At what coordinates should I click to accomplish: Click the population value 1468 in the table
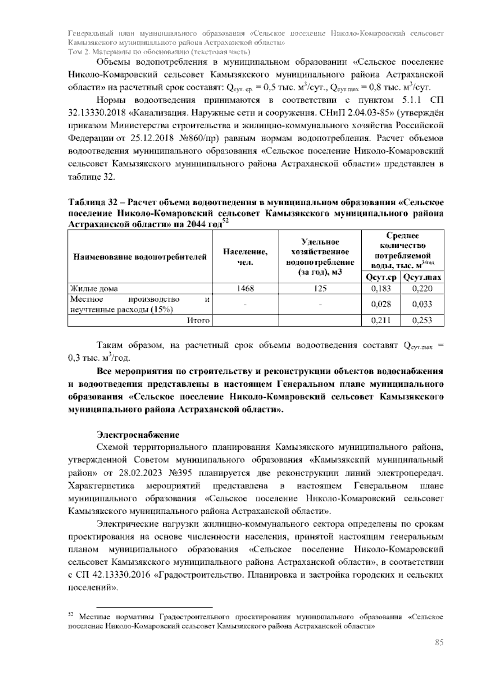tap(245, 289)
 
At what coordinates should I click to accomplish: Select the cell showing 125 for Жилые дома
tap(320, 289)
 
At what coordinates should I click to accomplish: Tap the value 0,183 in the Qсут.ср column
tap(381, 289)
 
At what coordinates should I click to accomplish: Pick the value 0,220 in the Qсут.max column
tap(422, 289)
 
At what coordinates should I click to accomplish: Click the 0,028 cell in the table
tap(381, 305)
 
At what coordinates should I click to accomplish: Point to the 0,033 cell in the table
tap(422, 305)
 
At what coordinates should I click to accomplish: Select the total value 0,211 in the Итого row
tap(381, 320)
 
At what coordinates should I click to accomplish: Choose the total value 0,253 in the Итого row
tap(422, 320)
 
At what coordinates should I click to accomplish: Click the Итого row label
tap(198, 320)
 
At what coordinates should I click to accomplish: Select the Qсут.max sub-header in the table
tap(422, 277)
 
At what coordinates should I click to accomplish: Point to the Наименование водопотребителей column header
tap(140, 257)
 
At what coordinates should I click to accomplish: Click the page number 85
tap(439, 643)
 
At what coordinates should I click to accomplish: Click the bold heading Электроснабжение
tap(138, 434)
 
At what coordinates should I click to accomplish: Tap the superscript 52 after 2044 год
tap(225, 222)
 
